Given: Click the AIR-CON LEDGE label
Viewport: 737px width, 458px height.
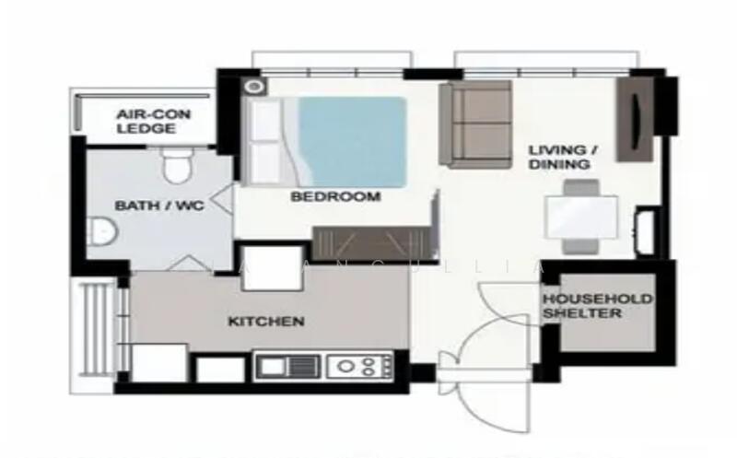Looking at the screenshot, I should point(146,121).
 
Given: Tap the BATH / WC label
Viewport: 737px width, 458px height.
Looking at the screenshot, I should point(158,206).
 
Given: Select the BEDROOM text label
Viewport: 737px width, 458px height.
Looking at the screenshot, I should point(335,196).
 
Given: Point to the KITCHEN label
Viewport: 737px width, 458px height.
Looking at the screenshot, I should point(266,322).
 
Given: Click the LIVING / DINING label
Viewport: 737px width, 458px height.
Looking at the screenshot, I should point(559,157).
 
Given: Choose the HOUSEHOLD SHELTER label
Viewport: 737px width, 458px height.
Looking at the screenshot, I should point(596,306).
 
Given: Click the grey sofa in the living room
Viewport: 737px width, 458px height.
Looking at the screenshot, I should point(475,124).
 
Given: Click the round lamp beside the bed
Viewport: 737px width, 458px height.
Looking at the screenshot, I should point(254,87).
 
